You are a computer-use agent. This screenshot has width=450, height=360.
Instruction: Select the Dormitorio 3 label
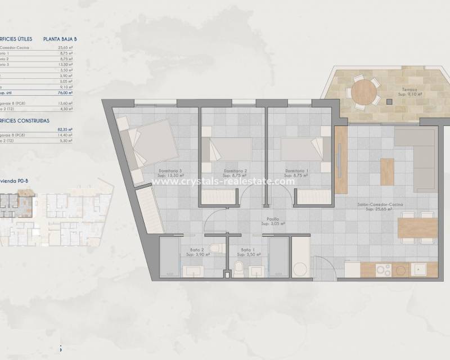pos(170,173)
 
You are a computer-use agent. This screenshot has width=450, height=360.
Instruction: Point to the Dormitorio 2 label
pos(235,173)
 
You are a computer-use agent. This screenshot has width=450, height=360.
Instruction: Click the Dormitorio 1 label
pos(297,173)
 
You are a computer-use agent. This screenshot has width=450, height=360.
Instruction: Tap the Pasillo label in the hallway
pos(273,221)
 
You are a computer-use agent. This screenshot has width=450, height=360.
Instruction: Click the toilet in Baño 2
pos(215,248)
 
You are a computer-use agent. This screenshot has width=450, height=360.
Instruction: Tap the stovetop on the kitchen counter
pos(384,269)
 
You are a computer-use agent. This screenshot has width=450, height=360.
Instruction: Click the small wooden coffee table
pos(387,172)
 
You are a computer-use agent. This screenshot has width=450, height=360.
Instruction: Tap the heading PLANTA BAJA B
pos(60,39)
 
